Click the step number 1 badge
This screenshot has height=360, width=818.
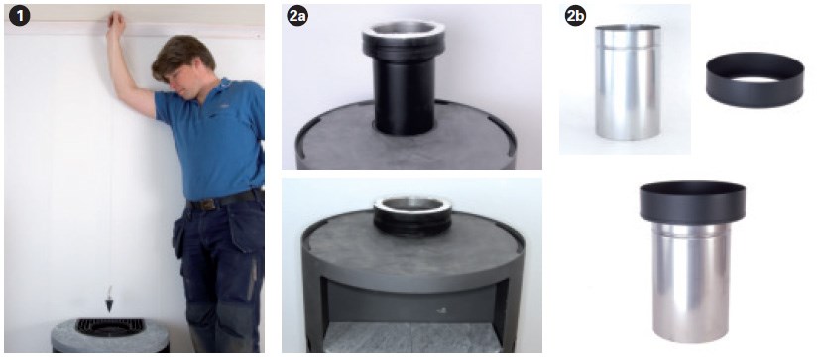20,17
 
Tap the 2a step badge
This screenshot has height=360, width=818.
297,17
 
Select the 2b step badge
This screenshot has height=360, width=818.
575,17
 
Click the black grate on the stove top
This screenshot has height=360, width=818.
109,327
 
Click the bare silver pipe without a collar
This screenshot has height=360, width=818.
628,82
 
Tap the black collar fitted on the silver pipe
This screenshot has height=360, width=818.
692,202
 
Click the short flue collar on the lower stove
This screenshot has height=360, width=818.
412,215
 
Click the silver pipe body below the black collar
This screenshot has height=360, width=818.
692,282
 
